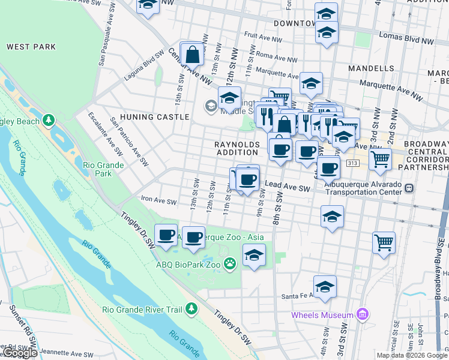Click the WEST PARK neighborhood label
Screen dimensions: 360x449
click(x=31, y=47)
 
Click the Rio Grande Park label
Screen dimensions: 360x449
click(x=103, y=169)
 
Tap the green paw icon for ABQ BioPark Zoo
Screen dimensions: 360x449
click(x=230, y=263)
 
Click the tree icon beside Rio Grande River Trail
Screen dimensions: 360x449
click(x=191, y=308)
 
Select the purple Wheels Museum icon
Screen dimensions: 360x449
click(x=361, y=314)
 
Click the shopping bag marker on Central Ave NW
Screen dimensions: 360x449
click(x=192, y=55)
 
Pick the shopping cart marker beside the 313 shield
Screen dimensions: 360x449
click(x=380, y=160)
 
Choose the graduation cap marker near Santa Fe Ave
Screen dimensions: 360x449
click(x=325, y=287)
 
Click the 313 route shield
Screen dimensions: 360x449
click(x=353, y=163)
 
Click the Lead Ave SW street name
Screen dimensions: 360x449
click(x=288, y=188)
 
